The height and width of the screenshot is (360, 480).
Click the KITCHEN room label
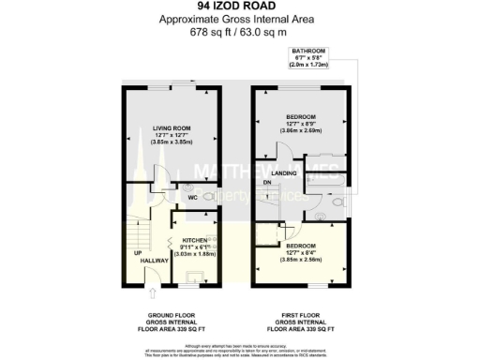tap(193, 241)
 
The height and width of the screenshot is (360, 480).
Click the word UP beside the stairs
tap(136, 253)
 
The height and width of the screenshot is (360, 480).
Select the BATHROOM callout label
tap(308, 52)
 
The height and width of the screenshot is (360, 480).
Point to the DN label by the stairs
tap(267, 183)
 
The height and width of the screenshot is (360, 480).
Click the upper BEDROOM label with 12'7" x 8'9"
tap(302, 117)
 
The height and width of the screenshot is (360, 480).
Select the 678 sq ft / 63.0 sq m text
tap(240, 31)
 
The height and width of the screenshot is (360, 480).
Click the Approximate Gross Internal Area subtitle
tap(240, 19)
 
